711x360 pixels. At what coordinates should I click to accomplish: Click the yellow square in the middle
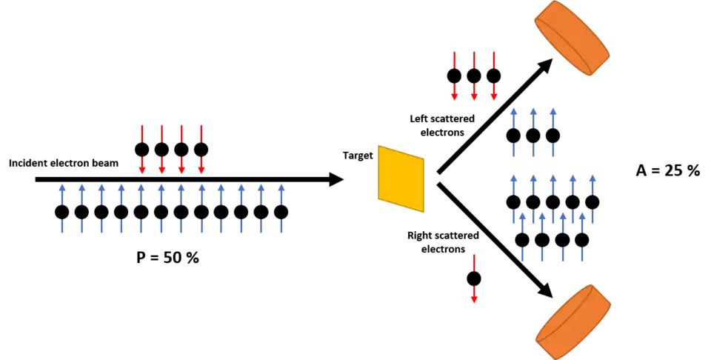[401, 179]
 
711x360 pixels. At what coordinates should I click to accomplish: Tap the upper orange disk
[572, 38]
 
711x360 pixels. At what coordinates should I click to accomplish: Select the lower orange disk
[573, 321]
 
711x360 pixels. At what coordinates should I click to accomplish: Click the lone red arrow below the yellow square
[474, 279]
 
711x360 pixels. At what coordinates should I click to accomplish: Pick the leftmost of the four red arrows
[142, 150]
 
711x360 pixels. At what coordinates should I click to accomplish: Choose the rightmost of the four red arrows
[201, 150]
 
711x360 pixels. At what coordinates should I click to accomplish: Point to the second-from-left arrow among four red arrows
[161, 150]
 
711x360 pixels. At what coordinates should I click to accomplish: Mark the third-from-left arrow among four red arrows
[181, 150]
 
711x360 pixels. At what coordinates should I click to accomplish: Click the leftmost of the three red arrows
[454, 76]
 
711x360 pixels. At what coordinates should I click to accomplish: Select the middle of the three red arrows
[474, 76]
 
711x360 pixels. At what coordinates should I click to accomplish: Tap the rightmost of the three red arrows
[493, 76]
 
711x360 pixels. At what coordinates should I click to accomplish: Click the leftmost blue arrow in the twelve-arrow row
[62, 210]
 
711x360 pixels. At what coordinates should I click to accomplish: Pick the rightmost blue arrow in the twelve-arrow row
[281, 210]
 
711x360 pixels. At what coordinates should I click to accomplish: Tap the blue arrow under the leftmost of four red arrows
[141, 210]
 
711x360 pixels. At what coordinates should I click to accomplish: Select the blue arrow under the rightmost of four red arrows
[201, 210]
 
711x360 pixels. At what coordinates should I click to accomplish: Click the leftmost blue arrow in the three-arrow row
[513, 133]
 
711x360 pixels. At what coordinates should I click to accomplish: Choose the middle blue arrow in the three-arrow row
[533, 133]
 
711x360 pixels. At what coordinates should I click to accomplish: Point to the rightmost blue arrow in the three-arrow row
[553, 133]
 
